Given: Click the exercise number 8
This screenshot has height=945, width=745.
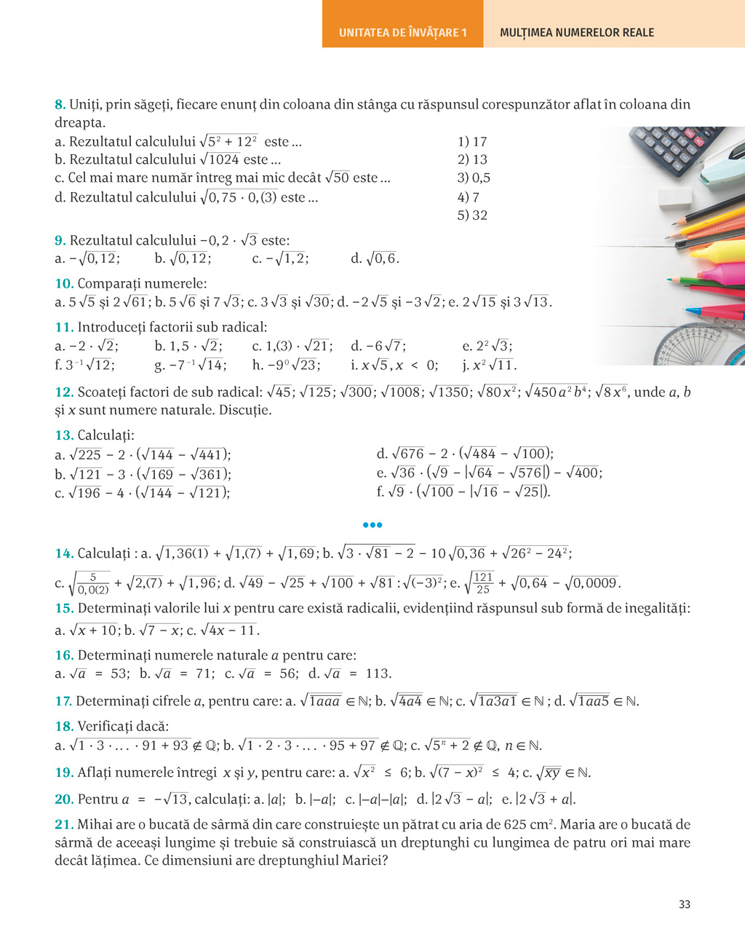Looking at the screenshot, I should [x=60, y=105].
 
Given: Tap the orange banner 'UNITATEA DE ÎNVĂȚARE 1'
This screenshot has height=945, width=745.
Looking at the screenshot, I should [x=402, y=33].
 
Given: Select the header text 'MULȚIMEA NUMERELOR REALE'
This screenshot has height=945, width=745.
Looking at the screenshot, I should [x=577, y=33].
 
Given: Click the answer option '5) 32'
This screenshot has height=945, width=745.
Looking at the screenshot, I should [x=472, y=216].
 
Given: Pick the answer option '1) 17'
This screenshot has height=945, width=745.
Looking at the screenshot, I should [x=472, y=142].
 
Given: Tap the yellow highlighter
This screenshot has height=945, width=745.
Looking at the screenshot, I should [x=709, y=252].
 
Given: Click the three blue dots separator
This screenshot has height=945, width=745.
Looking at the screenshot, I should [x=372, y=525].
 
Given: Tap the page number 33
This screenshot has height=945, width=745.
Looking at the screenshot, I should [x=684, y=904].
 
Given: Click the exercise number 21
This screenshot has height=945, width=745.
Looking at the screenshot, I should [x=64, y=825].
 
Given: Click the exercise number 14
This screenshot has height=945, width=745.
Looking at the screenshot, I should [x=64, y=553].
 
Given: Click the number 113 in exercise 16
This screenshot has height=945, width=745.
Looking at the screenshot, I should [x=378, y=673].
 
